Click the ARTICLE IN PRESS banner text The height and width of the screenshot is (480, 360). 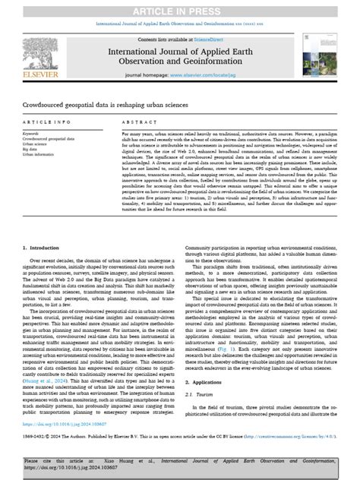[179, 8]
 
